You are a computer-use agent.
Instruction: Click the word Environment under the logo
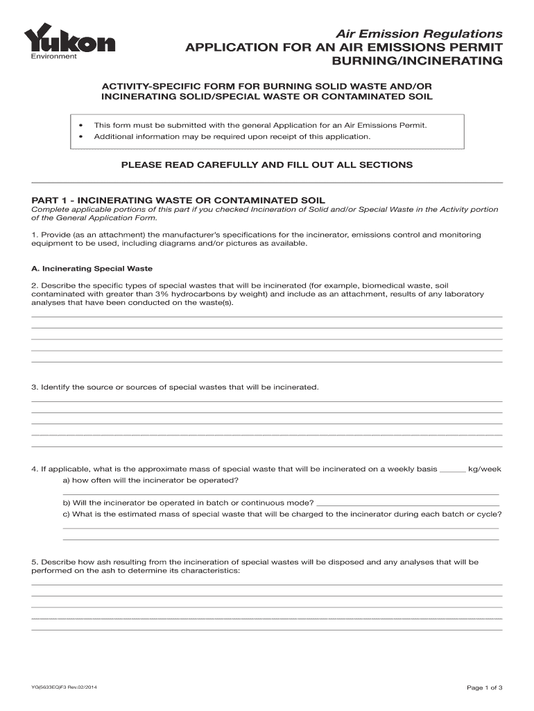53,56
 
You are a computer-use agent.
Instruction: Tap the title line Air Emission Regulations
420,33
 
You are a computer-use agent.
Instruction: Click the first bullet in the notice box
81,126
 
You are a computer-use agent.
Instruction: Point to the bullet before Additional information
81,137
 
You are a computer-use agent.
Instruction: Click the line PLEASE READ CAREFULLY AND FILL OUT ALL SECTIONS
267,165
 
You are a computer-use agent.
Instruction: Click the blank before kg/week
453,469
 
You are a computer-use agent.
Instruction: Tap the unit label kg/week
485,469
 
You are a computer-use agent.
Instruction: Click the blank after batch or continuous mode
407,503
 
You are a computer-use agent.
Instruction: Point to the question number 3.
34,387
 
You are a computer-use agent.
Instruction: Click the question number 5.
34,562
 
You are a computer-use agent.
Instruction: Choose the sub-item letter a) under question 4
67,480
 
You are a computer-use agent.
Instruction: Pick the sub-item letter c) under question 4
67,515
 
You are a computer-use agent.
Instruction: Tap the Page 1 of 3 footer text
485,687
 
